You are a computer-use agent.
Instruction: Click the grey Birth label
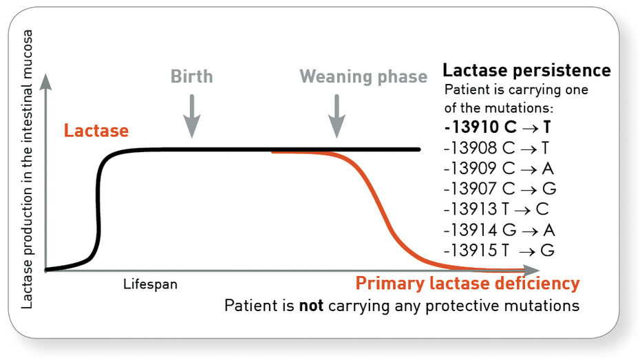pos(192,76)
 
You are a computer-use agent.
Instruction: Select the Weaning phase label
pos(363,76)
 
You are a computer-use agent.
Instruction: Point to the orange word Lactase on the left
pos(96,130)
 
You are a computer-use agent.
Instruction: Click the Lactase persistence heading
pos(526,70)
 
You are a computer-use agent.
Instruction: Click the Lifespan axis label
pos(150,284)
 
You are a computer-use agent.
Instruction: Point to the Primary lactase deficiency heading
pos(467,283)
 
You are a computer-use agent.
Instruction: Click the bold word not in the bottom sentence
pos(312,305)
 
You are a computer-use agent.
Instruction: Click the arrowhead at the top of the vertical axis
pos(45,81)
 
